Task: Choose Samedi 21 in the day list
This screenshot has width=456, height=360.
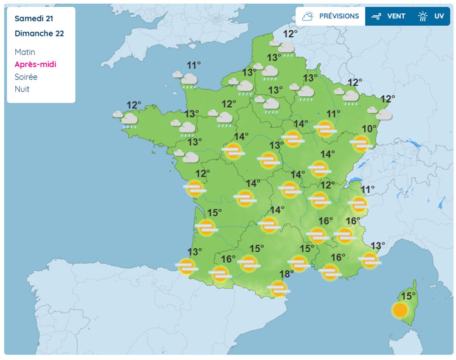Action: (34, 19)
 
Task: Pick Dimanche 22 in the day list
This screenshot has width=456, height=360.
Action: (39, 33)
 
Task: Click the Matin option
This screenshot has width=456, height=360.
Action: (26, 52)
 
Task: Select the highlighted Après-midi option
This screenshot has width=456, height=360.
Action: (35, 64)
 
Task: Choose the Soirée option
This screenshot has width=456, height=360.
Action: (26, 77)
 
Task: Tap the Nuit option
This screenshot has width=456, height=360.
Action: (22, 89)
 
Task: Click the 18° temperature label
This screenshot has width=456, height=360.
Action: (286, 274)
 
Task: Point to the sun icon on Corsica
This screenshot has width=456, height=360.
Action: (399, 310)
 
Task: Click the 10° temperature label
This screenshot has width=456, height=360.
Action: (368, 129)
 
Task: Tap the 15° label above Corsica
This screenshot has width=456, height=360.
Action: (407, 296)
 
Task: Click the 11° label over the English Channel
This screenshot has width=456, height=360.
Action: (194, 66)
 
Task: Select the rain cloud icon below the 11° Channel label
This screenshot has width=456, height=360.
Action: (187, 79)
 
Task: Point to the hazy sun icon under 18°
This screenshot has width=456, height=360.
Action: (278, 288)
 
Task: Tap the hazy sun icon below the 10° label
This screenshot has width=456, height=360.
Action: (361, 144)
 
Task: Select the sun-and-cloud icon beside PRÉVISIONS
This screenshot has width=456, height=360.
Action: (308, 16)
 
